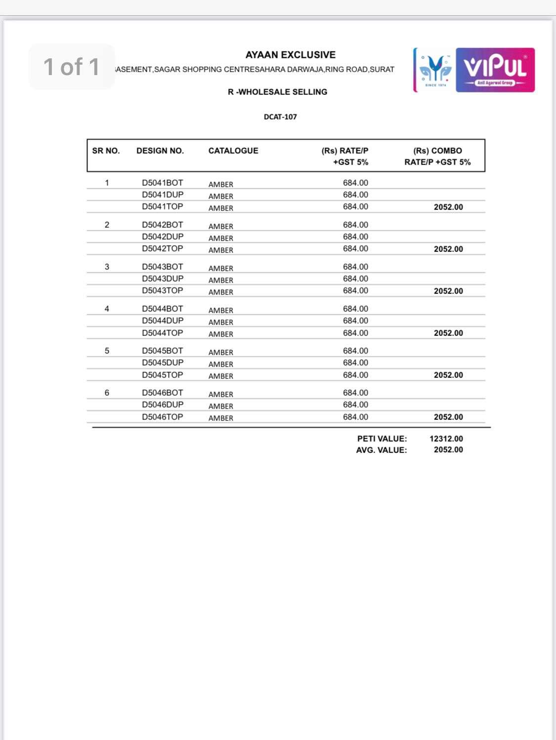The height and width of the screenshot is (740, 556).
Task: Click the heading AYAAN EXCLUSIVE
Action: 290,55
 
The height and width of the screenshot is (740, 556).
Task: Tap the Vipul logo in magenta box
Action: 495,70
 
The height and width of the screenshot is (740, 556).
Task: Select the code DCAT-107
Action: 280,117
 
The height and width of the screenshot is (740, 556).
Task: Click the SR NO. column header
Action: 106,151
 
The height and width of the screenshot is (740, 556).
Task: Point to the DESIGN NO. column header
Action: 160,151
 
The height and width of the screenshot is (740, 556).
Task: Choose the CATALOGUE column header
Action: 233,151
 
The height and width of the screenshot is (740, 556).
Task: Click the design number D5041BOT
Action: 163,183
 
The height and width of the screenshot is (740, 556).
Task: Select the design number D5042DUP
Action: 163,237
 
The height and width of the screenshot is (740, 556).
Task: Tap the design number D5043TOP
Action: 163,290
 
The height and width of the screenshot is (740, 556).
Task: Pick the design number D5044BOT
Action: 163,309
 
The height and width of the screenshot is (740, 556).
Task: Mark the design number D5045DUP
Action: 163,363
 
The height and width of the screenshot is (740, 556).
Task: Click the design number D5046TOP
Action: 163,417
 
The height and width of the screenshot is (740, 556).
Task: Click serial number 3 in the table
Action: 107,267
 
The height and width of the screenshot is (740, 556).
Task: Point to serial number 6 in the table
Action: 107,393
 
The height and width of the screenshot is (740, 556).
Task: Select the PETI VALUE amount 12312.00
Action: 446,439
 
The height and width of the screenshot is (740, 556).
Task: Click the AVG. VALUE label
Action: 382,450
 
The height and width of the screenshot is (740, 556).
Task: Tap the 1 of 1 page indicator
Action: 72,67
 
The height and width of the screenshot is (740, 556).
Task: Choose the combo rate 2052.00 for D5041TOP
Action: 448,207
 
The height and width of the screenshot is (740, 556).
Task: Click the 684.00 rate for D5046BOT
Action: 355,393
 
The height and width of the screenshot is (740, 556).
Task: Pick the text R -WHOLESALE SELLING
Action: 277,92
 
